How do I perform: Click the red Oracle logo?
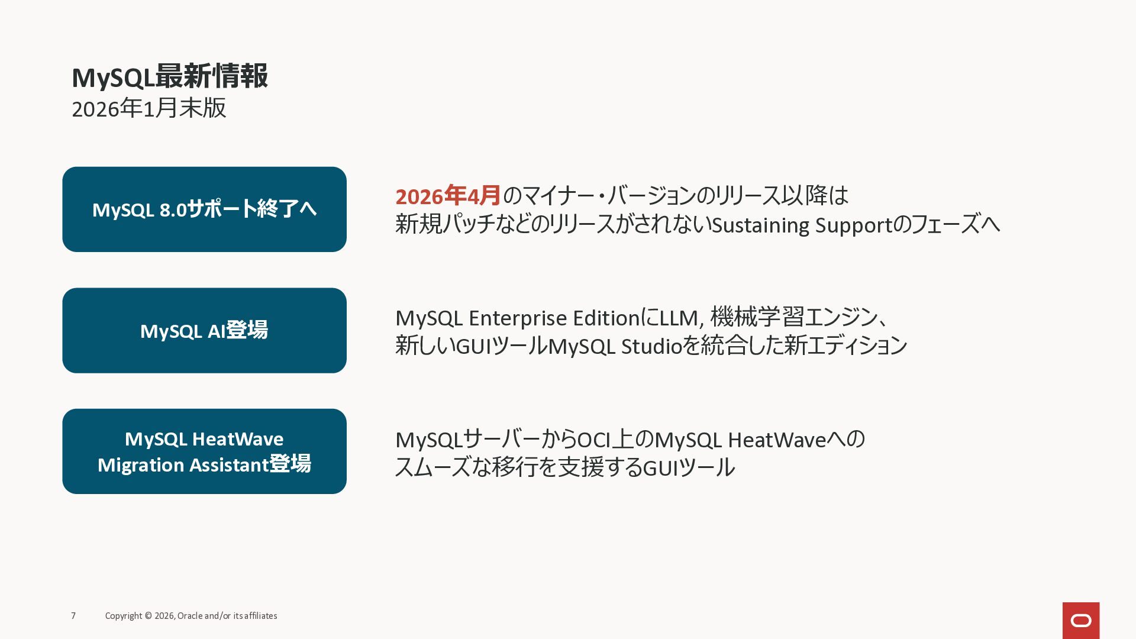point(1080,620)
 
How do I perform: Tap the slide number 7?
point(73,616)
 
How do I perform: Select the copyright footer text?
point(191,616)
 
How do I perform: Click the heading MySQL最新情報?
point(170,77)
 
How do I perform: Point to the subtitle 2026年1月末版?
point(149,108)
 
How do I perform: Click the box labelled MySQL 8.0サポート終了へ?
point(204,209)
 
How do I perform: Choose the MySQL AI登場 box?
point(204,330)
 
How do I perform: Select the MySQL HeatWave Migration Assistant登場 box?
point(204,451)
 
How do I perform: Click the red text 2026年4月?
point(448,196)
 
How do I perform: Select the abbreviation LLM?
point(679,318)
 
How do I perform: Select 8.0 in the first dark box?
point(173,210)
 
